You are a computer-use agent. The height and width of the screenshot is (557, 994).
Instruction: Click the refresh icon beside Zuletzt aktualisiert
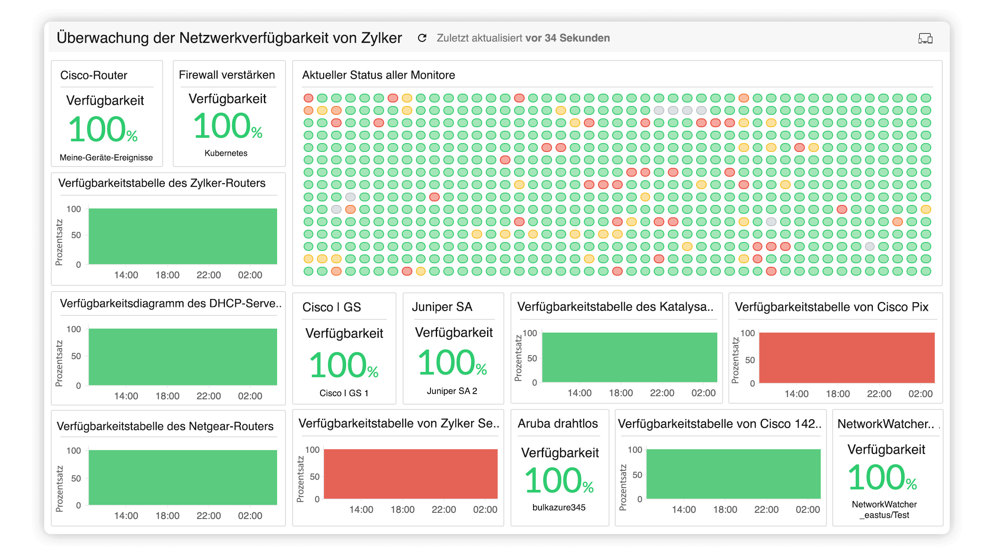pos(422,38)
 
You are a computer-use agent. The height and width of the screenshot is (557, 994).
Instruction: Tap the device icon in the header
pos(925,38)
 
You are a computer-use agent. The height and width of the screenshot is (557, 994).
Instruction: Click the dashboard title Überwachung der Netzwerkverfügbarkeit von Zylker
pos(229,38)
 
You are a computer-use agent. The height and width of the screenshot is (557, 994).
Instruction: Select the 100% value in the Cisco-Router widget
pos(103,129)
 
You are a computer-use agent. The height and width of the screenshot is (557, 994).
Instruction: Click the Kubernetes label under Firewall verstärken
pos(226,153)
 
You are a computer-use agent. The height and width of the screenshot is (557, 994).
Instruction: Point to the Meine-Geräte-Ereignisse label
pos(106,158)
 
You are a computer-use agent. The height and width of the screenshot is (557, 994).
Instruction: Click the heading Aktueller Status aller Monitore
pos(378,75)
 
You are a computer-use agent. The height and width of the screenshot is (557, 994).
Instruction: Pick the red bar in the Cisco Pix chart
pos(846,357)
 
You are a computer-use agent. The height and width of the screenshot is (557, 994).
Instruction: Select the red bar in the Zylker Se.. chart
pos(411,474)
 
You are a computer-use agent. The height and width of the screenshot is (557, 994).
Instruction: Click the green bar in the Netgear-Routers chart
pos(183,477)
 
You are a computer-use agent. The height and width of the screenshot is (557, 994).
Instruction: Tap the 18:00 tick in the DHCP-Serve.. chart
pos(168,396)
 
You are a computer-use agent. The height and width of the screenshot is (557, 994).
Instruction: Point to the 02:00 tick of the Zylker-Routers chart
pos(250,275)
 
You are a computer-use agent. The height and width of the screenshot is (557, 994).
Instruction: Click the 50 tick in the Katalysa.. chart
pos(532,359)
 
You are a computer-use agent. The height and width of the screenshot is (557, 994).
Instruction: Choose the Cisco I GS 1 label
pos(344,393)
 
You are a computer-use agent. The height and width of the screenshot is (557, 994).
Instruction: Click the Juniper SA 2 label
pos(452,391)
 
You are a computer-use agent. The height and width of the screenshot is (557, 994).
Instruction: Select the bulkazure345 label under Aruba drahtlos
pos(559,508)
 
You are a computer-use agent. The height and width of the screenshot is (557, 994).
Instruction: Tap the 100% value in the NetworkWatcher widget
pos(882,478)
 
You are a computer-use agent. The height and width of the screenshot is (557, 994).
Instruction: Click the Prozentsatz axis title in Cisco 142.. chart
pos(623,488)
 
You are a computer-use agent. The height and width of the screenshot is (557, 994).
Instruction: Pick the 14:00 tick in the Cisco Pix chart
pos(796,394)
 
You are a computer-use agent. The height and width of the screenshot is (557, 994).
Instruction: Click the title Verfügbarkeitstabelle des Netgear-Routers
pos(165,426)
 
